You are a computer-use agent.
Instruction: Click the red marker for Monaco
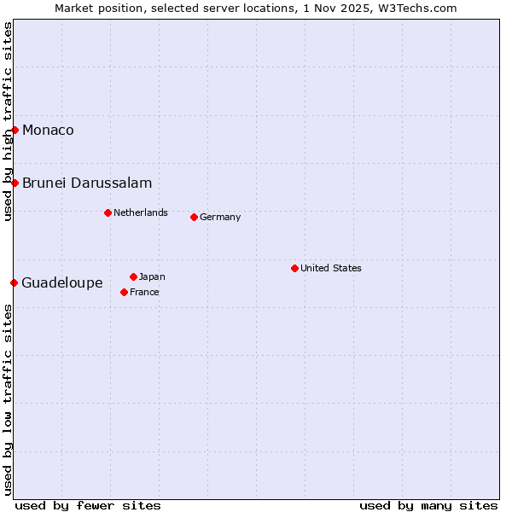click(15, 130)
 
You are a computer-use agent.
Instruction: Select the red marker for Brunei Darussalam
click(15, 183)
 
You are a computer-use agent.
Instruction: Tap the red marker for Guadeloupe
click(14, 282)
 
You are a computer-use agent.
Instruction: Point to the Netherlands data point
click(108, 212)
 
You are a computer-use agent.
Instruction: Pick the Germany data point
click(194, 217)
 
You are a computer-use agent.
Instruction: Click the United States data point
click(294, 268)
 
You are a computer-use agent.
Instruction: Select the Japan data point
click(133, 276)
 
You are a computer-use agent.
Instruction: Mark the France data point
click(124, 292)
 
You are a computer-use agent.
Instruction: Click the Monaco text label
click(48, 130)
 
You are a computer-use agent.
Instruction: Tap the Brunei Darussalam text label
click(87, 183)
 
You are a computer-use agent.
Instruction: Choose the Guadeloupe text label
click(62, 282)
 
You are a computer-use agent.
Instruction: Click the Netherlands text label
click(141, 212)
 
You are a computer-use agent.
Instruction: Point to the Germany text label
click(220, 217)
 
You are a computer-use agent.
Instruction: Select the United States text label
click(331, 268)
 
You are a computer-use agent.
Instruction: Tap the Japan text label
click(152, 276)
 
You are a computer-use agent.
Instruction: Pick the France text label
click(144, 292)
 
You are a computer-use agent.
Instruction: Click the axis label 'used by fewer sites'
click(88, 505)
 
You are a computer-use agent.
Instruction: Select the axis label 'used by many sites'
click(428, 505)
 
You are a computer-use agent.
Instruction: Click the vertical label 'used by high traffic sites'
click(8, 121)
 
